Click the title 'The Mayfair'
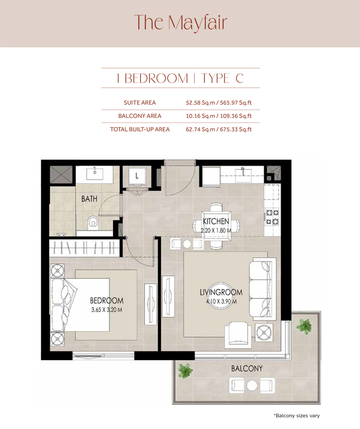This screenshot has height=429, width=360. tap(180, 22)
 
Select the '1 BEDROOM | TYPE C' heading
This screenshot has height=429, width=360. tap(180, 78)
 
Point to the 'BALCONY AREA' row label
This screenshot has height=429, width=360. tap(140, 116)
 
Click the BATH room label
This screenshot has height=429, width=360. tap(89, 198)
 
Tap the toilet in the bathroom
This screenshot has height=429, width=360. tap(93, 221)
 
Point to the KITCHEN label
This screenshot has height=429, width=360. tap(216, 222)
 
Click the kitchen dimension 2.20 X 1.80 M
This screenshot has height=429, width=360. tap(217, 230)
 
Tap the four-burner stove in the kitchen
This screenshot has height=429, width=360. tap(272, 217)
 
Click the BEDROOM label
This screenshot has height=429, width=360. tap(107, 301)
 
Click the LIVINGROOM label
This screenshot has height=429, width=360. tap(221, 292)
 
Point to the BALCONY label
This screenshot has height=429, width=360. tap(247, 368)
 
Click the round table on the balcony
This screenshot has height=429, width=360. tap(252, 385)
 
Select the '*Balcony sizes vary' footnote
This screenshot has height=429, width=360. tap(296, 416)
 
